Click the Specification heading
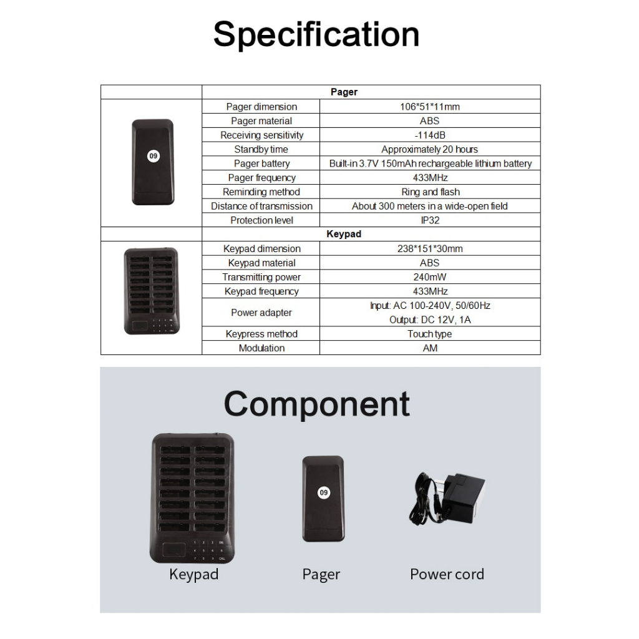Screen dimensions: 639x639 pyautogui.click(x=316, y=36)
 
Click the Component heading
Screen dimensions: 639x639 pyautogui.click(x=316, y=404)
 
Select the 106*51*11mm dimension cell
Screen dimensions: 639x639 pyautogui.click(x=430, y=107)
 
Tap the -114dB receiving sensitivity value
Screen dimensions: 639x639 pyautogui.click(x=430, y=135)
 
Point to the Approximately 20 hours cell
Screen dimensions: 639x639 pyautogui.click(x=430, y=149)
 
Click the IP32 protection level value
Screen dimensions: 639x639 pyautogui.click(x=430, y=220)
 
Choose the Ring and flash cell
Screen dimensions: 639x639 pyautogui.click(x=431, y=192)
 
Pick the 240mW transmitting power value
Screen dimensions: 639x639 pyautogui.click(x=430, y=277)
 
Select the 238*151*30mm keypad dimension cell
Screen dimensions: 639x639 pyautogui.click(x=430, y=248)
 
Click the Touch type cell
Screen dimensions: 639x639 pyautogui.click(x=430, y=334)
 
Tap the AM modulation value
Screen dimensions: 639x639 pyautogui.click(x=430, y=348)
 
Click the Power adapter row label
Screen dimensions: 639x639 pyautogui.click(x=261, y=313)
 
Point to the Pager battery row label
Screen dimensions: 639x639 pyautogui.click(x=261, y=163)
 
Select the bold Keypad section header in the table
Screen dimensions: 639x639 pyautogui.click(x=344, y=234)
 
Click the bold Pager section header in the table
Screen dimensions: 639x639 pyautogui.click(x=344, y=92)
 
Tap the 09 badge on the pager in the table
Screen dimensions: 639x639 pyautogui.click(x=154, y=155)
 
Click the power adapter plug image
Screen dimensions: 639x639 pyautogui.click(x=447, y=499)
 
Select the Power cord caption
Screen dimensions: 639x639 pyautogui.click(x=447, y=574)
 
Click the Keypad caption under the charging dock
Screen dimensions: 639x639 pyautogui.click(x=194, y=574)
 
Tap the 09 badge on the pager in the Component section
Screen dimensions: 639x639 pyautogui.click(x=324, y=492)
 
